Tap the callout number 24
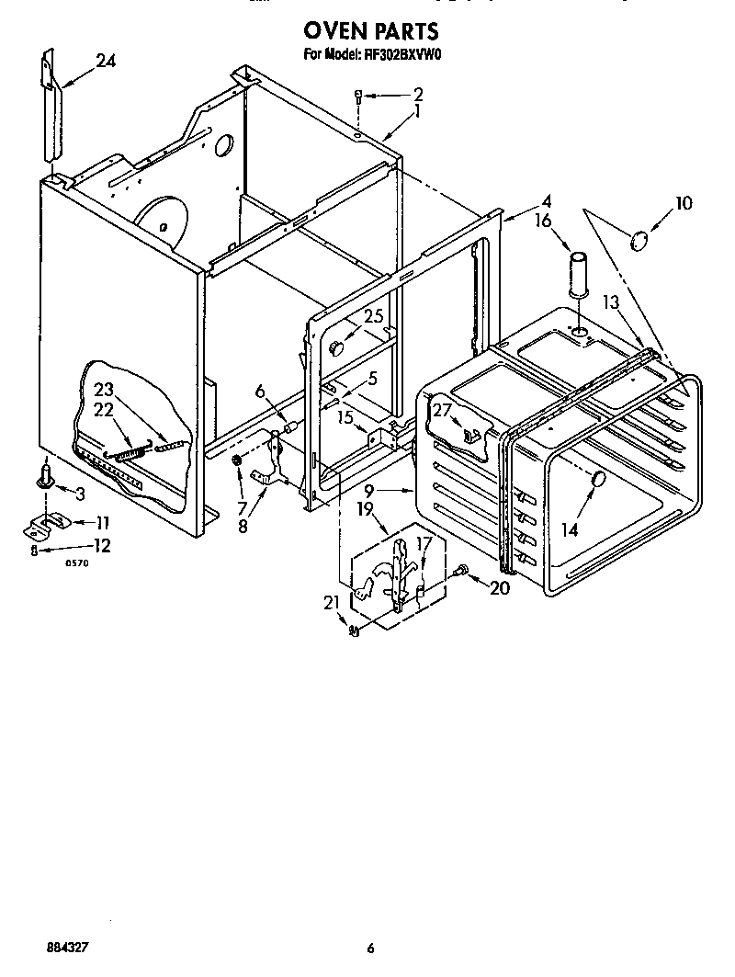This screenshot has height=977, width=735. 106,62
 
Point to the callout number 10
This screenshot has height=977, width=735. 684,203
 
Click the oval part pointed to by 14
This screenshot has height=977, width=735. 597,479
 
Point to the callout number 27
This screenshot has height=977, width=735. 443,411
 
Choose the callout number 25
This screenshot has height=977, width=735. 372,317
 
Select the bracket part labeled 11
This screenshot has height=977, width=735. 41,524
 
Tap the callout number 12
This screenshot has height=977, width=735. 100,546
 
